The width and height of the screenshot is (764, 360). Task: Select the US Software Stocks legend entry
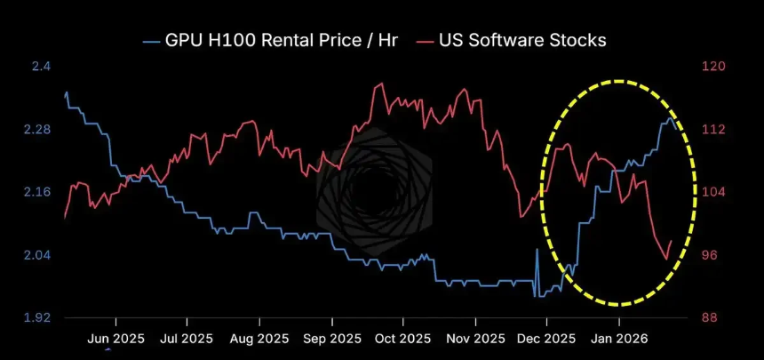520,39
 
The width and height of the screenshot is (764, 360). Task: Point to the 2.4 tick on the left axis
41,67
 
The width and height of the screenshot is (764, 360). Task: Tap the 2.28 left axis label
36,130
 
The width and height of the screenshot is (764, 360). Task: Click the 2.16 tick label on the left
36,192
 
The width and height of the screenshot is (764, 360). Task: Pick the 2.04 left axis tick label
36,255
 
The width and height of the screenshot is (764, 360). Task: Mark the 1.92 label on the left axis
36,317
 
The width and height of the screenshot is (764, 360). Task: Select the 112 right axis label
714,130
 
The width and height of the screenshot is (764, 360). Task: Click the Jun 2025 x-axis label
116,339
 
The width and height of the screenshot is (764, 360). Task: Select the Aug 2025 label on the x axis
259,339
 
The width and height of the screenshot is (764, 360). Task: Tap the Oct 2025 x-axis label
402,339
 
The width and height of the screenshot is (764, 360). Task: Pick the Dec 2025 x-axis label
546,339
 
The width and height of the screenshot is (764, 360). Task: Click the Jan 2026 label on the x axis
619,339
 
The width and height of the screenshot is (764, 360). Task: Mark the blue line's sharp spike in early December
537,251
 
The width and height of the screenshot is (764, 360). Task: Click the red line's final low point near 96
666,260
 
